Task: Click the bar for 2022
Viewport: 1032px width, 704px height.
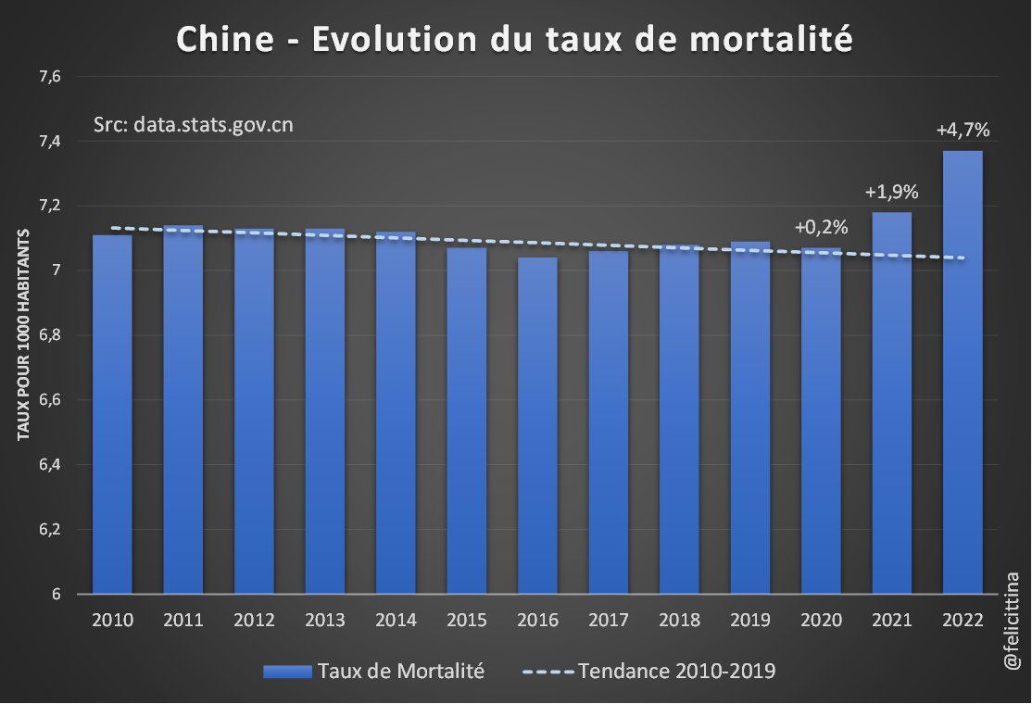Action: [x=963, y=371]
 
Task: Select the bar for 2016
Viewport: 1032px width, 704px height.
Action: [x=537, y=426]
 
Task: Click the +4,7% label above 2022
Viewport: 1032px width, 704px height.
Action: [x=963, y=131]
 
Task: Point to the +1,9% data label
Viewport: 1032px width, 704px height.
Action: [x=891, y=193]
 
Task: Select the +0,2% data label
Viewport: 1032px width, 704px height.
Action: [x=821, y=227]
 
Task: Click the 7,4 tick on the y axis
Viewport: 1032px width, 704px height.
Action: [x=49, y=141]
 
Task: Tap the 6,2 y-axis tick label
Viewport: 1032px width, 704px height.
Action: [x=49, y=530]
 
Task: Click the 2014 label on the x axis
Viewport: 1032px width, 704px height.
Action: [x=396, y=620]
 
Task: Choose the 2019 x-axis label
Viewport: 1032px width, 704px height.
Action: [x=749, y=620]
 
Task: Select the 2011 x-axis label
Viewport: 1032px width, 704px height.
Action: [x=182, y=620]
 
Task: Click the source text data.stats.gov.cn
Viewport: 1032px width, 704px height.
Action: [x=213, y=124]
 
